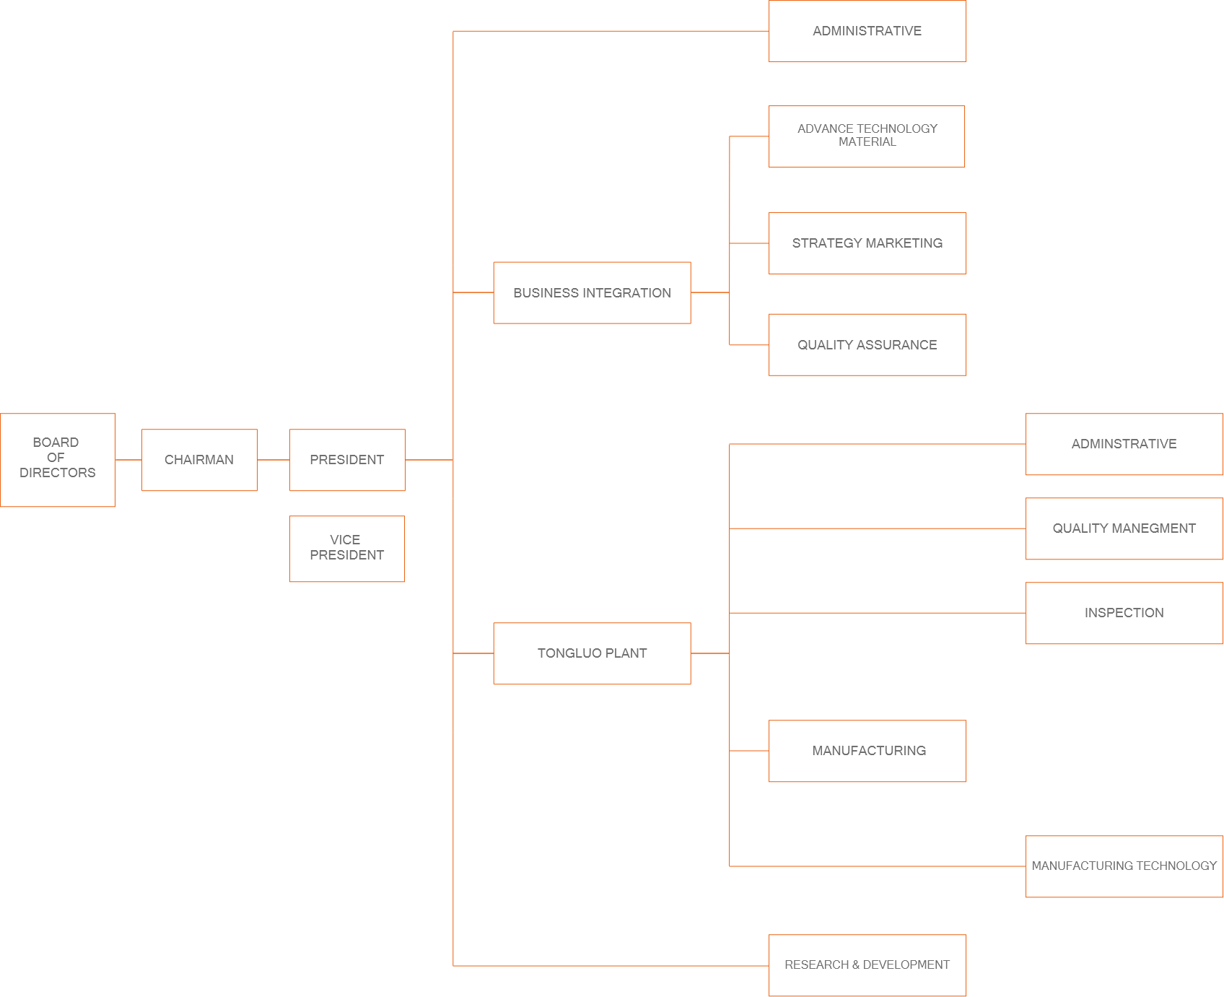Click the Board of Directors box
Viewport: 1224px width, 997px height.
58,460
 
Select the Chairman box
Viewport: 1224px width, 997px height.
199,460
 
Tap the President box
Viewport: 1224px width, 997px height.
347,460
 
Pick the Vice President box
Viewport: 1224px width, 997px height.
347,549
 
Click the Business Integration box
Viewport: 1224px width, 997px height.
592,292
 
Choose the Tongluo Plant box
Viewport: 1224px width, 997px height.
592,653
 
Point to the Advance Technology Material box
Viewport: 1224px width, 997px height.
867,136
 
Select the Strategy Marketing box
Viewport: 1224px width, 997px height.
867,243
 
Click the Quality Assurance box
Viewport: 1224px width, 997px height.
867,344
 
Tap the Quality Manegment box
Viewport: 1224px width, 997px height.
1124,528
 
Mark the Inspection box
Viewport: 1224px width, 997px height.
1124,613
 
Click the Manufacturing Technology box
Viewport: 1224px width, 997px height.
1124,866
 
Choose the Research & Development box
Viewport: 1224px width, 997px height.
867,965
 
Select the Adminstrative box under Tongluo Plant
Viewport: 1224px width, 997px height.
1124,444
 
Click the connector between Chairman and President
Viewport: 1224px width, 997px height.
273,460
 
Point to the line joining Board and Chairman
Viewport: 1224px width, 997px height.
128,460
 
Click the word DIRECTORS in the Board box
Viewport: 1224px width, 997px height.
58,473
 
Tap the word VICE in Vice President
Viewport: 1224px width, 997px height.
345,540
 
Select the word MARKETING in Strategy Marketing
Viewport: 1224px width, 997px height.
905,243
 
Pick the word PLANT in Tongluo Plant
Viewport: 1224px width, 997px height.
626,653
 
